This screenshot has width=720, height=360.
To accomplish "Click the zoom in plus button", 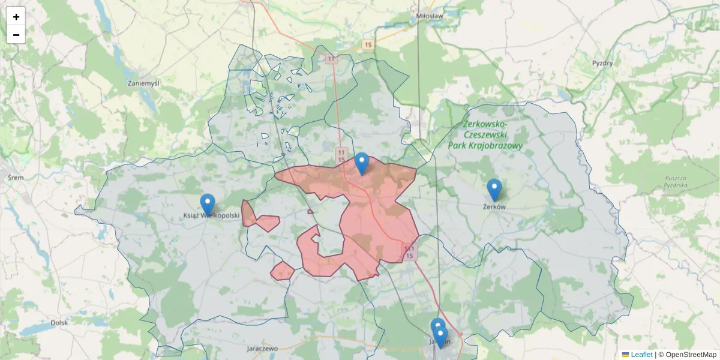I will (16, 17).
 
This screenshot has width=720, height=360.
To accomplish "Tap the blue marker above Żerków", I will (494, 189).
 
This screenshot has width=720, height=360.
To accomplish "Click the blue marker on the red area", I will (362, 163).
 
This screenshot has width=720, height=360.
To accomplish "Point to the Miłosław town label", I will (429, 16).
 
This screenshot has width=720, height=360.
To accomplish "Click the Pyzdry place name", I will (602, 63).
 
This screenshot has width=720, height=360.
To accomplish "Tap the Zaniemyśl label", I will (143, 83).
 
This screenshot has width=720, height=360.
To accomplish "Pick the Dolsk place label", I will (59, 322).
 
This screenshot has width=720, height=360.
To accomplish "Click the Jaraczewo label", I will (262, 348).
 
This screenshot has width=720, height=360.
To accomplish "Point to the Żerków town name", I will (494, 207).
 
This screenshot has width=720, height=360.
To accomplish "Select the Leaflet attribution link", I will (641, 355).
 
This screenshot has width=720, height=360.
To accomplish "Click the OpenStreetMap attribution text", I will (691, 355).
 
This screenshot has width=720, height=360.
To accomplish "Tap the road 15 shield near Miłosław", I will (368, 44).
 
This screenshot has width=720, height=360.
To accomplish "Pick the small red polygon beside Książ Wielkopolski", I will (260, 221).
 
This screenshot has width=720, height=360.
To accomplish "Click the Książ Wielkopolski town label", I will (211, 215).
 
